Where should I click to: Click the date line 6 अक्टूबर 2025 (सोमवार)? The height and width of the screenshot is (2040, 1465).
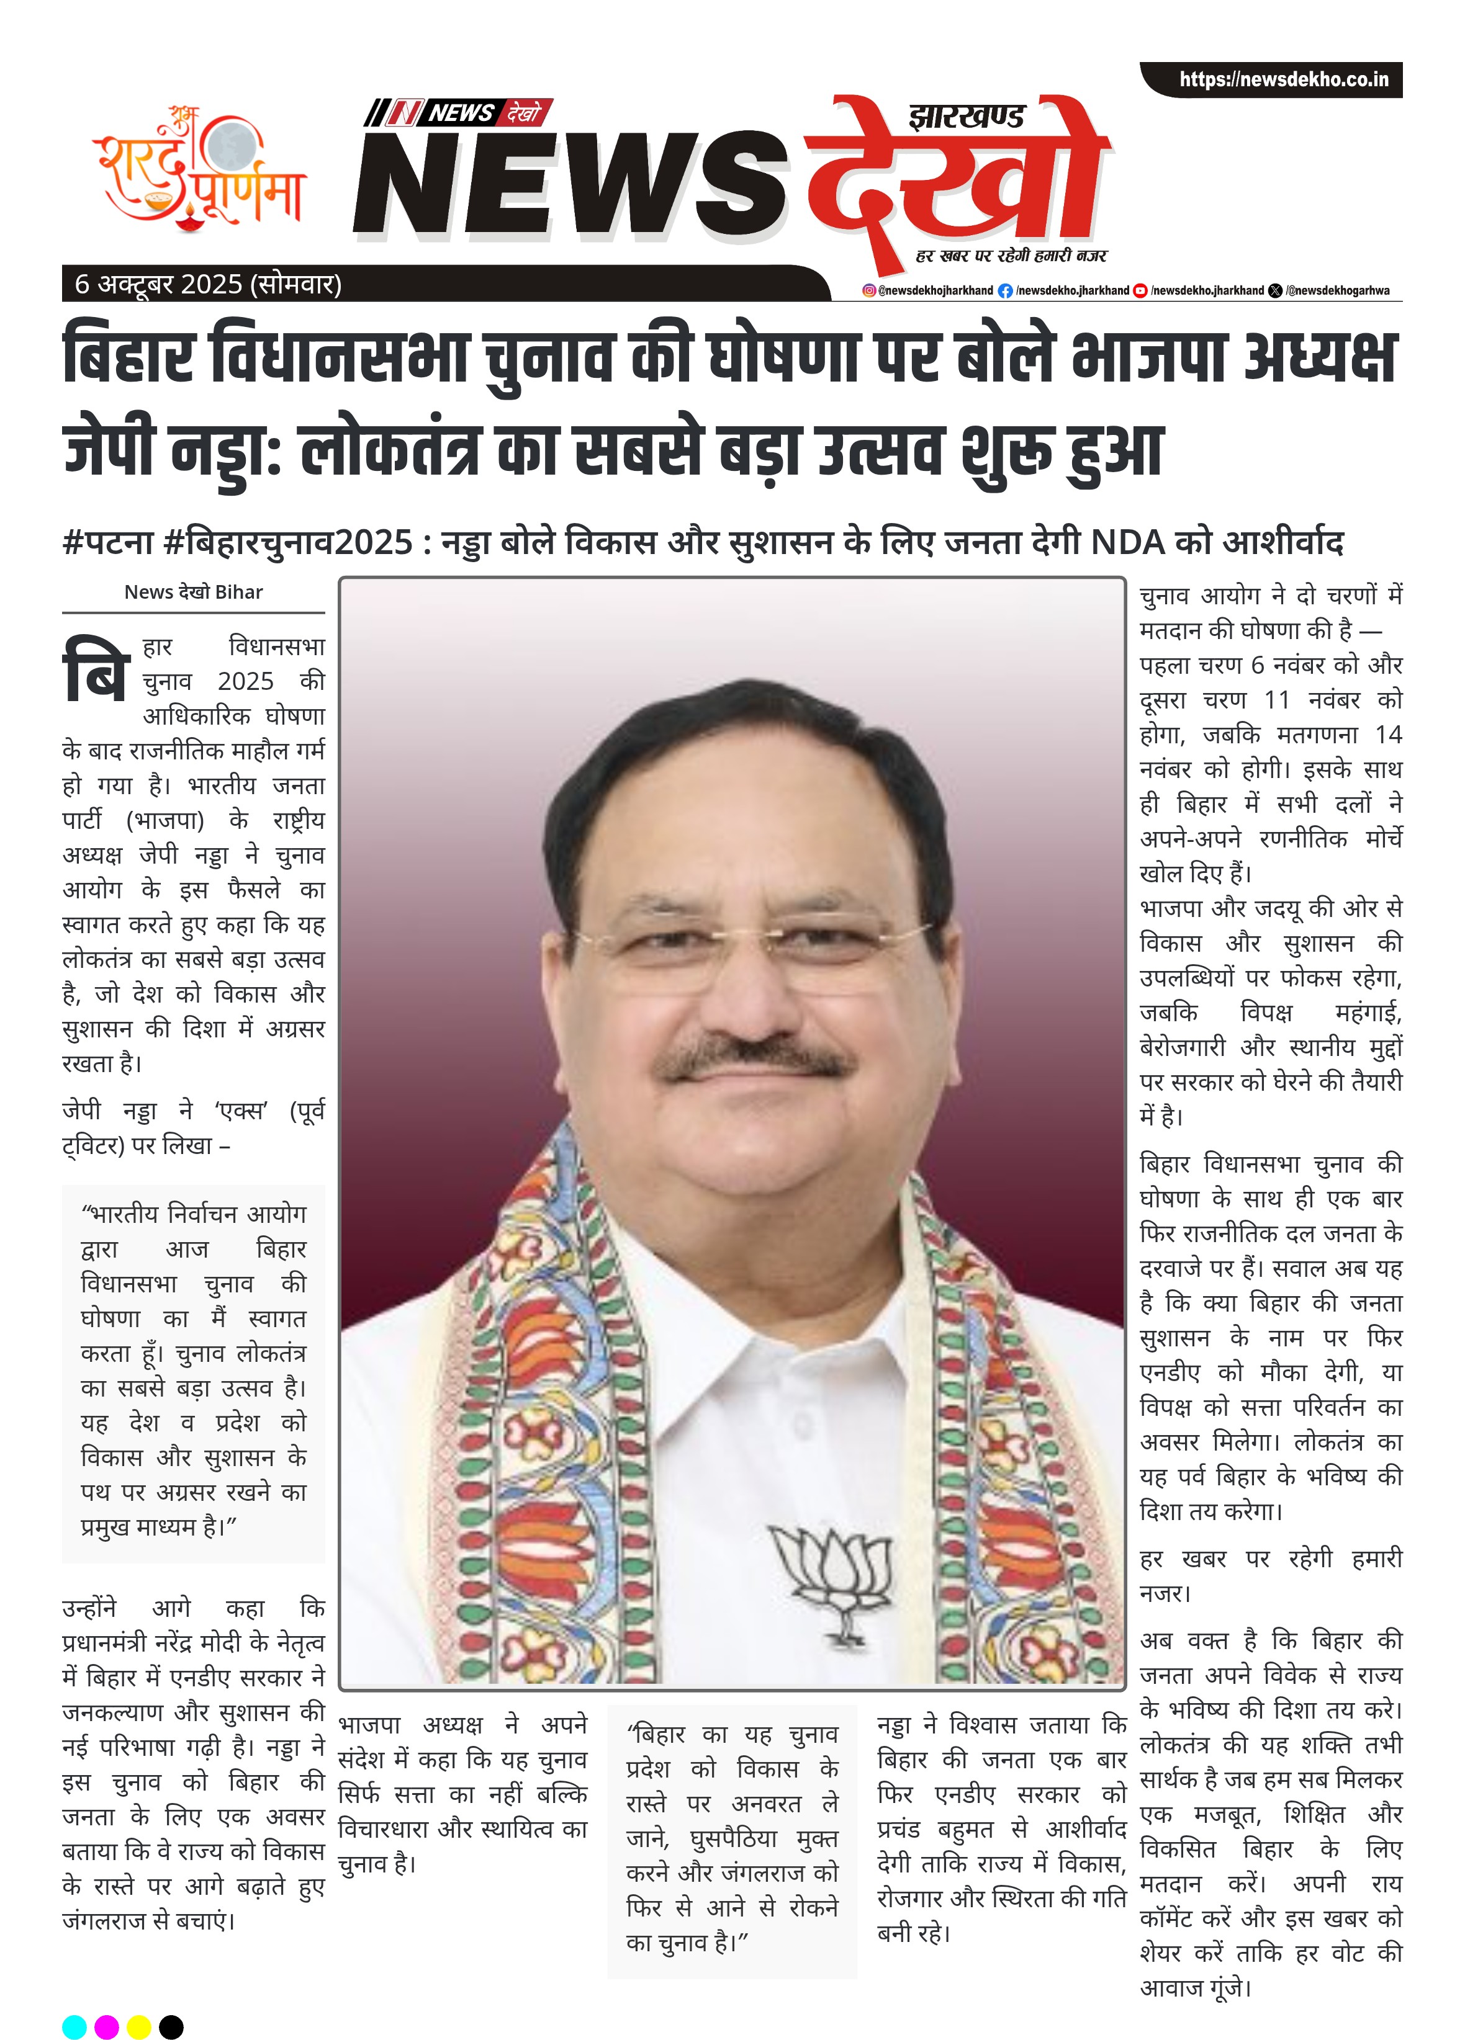pyautogui.click(x=208, y=284)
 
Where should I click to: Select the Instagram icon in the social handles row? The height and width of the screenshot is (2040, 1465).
pyautogui.click(x=868, y=290)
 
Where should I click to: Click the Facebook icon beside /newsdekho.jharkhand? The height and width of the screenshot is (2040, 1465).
pyautogui.click(x=1005, y=290)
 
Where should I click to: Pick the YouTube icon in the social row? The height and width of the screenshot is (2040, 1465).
pyautogui.click(x=1140, y=290)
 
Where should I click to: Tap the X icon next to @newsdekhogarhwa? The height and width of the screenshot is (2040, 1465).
pyautogui.click(x=1275, y=290)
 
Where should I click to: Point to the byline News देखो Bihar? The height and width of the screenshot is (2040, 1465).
pyautogui.click(x=194, y=592)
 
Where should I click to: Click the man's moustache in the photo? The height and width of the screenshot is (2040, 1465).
pyautogui.click(x=754, y=1060)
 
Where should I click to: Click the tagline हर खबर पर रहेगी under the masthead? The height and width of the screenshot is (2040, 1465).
pyautogui.click(x=1011, y=256)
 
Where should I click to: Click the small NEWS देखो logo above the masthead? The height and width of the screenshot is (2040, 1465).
pyautogui.click(x=459, y=112)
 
